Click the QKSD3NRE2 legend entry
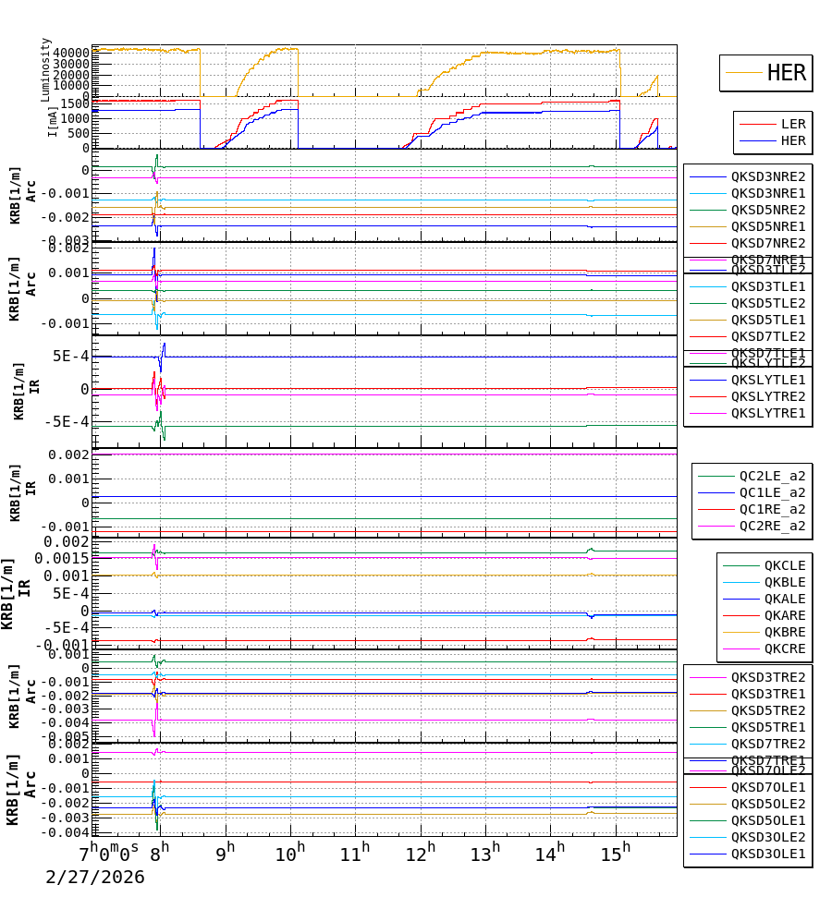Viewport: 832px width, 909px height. click(767, 176)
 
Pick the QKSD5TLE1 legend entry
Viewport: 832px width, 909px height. click(767, 320)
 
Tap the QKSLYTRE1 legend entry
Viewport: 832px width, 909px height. click(767, 413)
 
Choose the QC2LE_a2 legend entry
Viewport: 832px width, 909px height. click(771, 476)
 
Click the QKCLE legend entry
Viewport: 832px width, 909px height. click(784, 565)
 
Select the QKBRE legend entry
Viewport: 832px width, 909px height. click(784, 632)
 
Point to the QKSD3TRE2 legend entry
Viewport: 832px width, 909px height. click(767, 677)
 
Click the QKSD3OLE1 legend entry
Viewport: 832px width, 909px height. click(767, 854)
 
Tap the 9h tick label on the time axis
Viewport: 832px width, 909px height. click(226, 852)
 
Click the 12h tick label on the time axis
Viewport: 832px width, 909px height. click(422, 852)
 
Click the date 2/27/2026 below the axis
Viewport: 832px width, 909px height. click(95, 877)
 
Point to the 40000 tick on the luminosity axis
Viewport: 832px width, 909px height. click(71, 53)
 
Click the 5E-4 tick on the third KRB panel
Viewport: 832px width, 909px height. click(70, 357)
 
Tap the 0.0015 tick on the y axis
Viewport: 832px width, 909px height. click(63, 558)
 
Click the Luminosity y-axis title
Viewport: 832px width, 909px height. click(45, 69)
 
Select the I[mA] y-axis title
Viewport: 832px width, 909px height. click(52, 120)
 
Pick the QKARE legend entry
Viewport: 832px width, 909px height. click(784, 615)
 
